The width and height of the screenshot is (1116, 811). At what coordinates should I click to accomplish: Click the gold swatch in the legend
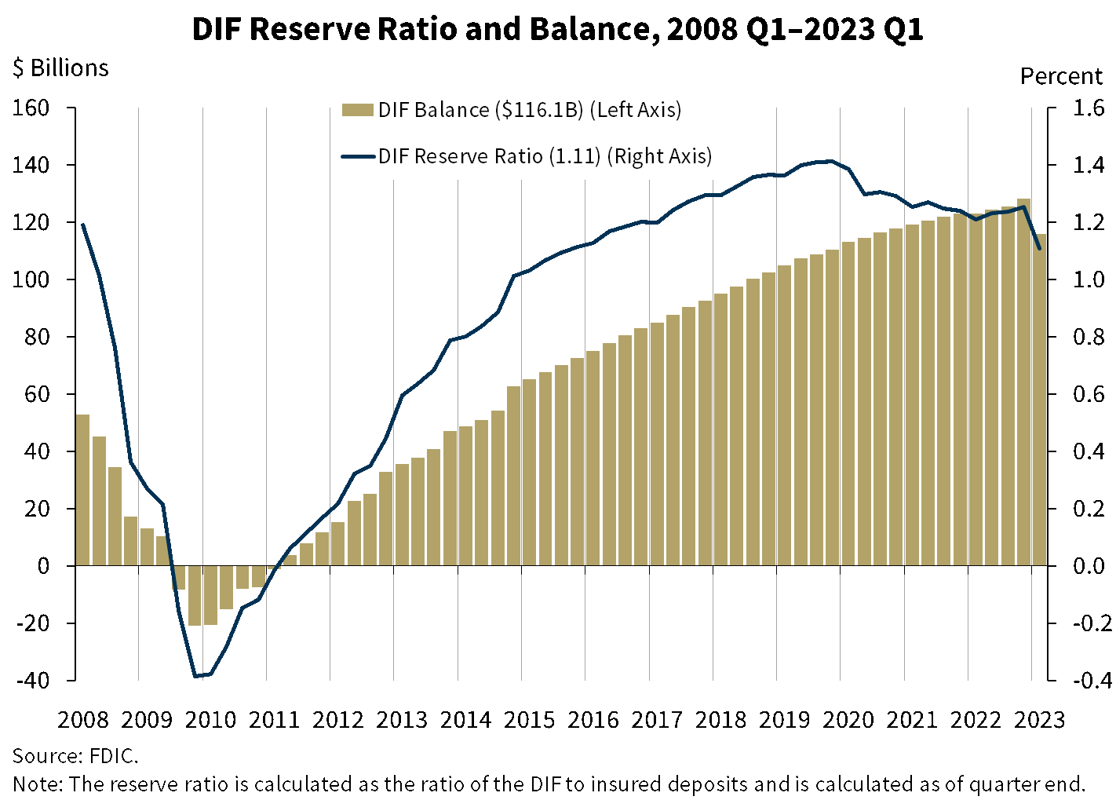[358, 110]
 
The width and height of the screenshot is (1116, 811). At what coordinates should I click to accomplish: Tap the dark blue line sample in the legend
[358, 156]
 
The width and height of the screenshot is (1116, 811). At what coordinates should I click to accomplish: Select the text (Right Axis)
[660, 156]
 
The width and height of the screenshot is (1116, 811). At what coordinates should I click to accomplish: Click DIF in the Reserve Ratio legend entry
[393, 156]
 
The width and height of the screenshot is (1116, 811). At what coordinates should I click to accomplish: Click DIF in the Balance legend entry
[393, 110]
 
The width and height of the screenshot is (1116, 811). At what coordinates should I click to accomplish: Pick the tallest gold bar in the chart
[1023, 382]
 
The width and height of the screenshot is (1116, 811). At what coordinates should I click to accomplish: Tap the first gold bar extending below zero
[178, 577]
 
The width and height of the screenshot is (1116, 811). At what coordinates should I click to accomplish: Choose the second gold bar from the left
[99, 500]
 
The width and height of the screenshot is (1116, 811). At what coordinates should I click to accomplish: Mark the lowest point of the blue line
[196, 675]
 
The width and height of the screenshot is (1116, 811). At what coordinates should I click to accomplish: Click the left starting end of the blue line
[82, 225]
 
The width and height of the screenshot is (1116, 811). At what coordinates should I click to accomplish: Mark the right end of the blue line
[1040, 249]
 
